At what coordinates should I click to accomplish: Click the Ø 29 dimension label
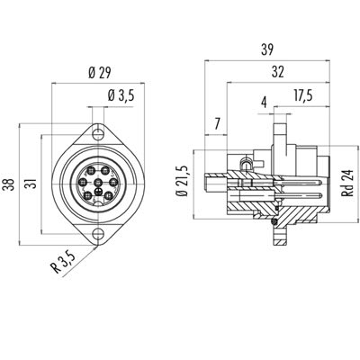[x=100, y=73]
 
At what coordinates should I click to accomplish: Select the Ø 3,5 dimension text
[x=121, y=96]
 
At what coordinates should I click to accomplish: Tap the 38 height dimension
[x=9, y=184]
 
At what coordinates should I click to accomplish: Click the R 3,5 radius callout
[x=64, y=263]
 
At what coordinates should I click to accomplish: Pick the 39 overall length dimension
[x=267, y=49]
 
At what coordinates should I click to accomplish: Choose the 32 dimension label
[x=278, y=72]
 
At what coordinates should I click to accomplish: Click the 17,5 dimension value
[x=303, y=95]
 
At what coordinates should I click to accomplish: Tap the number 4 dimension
[x=264, y=103]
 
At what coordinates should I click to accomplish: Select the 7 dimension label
[x=218, y=123]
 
